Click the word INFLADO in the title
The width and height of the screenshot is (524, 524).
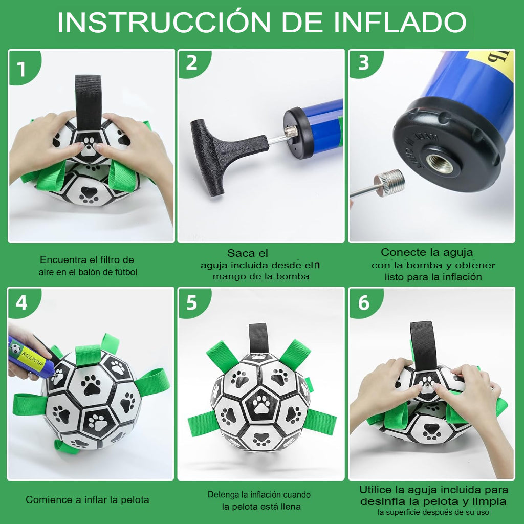coord(400,23)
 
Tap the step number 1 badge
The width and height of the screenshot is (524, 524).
coord(21,68)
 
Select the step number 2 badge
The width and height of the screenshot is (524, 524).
coord(191,63)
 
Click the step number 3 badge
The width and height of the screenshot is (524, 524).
coord(363,63)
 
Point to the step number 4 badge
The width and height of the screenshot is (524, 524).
coord(21,303)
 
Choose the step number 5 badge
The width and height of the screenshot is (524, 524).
coord(191,303)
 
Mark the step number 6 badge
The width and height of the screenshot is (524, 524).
coord(363,303)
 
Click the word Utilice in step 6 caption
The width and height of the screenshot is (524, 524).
coord(376,490)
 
